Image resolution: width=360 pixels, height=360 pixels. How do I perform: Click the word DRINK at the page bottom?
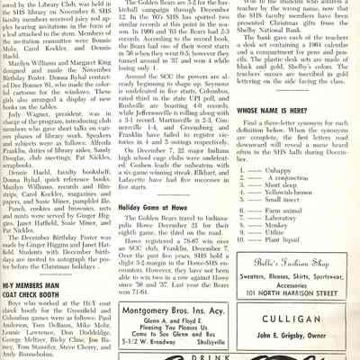click(x=173, y=352)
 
